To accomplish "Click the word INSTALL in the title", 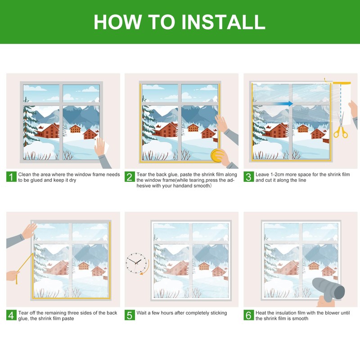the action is (x=223, y=22).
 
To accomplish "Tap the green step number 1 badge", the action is (x=11, y=177).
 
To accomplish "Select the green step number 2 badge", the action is (x=130, y=177).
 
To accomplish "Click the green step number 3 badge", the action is (x=249, y=177).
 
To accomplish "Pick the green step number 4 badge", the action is (x=11, y=315).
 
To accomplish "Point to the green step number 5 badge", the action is (x=130, y=315).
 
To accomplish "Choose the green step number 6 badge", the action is (x=249, y=315).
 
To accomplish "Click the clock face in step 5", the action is (x=136, y=263).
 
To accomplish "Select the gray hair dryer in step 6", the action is (x=329, y=289).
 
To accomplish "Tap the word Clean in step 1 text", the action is (x=25, y=175).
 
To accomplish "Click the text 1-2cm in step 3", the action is (x=276, y=175).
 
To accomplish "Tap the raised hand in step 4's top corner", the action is (x=29, y=231).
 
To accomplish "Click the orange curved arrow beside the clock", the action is (x=146, y=267).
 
